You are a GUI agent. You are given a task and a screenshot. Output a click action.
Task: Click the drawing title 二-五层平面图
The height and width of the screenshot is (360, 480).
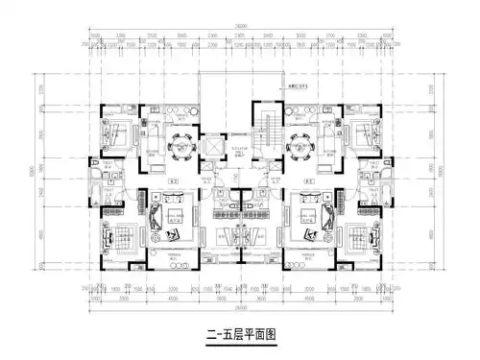click(240, 335)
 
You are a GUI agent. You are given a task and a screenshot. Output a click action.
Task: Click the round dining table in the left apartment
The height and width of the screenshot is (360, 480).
click(179, 147)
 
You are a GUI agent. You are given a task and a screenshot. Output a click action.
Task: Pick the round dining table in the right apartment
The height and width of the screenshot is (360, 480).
click(300, 147)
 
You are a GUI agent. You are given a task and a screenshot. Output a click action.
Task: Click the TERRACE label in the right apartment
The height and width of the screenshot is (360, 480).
click(306, 256)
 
